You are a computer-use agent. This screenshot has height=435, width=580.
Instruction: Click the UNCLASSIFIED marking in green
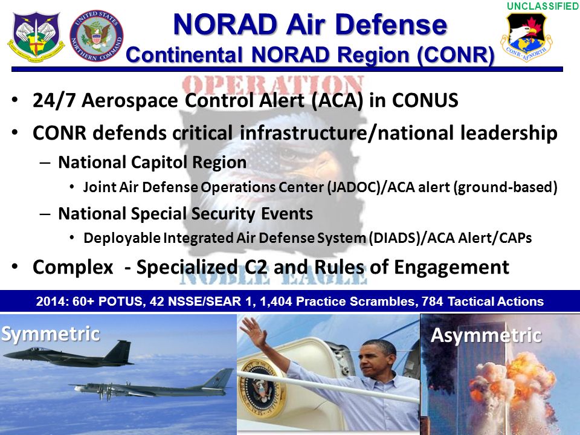pyautogui.click(x=543, y=6)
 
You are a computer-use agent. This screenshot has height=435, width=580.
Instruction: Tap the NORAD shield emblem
pyautogui.click(x=36, y=37)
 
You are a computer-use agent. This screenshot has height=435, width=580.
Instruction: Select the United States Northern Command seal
pyautogui.click(x=97, y=36)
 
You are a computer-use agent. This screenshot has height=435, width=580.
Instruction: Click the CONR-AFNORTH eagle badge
pyautogui.click(x=526, y=36)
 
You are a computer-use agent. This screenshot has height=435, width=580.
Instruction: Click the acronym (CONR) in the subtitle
pyautogui.click(x=456, y=55)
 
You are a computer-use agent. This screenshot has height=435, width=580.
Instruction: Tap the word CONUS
pyautogui.click(x=425, y=100)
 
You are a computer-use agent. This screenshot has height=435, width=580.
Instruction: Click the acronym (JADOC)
pyautogui.click(x=354, y=187)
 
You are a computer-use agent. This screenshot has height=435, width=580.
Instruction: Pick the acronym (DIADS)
pyautogui.click(x=396, y=238)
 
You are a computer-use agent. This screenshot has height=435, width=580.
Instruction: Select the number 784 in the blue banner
pyautogui.click(x=433, y=301)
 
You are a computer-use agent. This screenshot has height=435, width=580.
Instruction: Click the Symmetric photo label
pyautogui.click(x=51, y=334)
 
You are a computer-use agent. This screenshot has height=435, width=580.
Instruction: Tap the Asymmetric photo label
pyautogui.click(x=486, y=336)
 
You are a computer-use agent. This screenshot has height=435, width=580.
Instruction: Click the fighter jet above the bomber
pyautogui.click(x=68, y=354)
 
